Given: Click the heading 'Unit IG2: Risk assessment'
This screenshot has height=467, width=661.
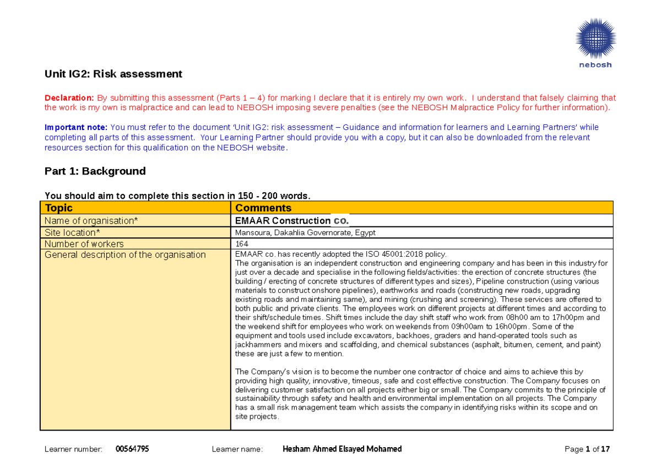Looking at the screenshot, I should tap(113, 74).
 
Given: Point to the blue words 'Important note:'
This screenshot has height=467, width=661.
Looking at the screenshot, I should tap(75, 127).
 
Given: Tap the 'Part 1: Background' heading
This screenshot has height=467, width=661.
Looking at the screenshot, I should tap(95, 171).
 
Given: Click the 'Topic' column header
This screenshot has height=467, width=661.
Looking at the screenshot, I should tap(59, 208).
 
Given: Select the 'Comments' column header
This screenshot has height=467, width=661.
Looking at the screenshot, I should tap(263, 208).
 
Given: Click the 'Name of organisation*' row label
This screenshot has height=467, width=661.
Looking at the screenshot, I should tap(91, 221).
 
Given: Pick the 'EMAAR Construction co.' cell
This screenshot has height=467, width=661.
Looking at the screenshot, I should tap(291, 221).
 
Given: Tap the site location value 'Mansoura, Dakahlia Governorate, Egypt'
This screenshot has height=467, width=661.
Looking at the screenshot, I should tap(305, 233).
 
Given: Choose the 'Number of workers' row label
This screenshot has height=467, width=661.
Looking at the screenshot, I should tap(84, 243).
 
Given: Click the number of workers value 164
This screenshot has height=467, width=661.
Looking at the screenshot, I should tap(241, 244).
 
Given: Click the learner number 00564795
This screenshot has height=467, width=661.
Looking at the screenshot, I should tap(132, 449).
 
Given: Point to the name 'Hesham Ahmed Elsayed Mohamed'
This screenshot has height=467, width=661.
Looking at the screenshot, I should tap(342, 449).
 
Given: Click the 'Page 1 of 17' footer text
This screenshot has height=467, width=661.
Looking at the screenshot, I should tap(587, 449).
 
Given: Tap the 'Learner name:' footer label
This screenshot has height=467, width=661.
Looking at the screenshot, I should tap(237, 449).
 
